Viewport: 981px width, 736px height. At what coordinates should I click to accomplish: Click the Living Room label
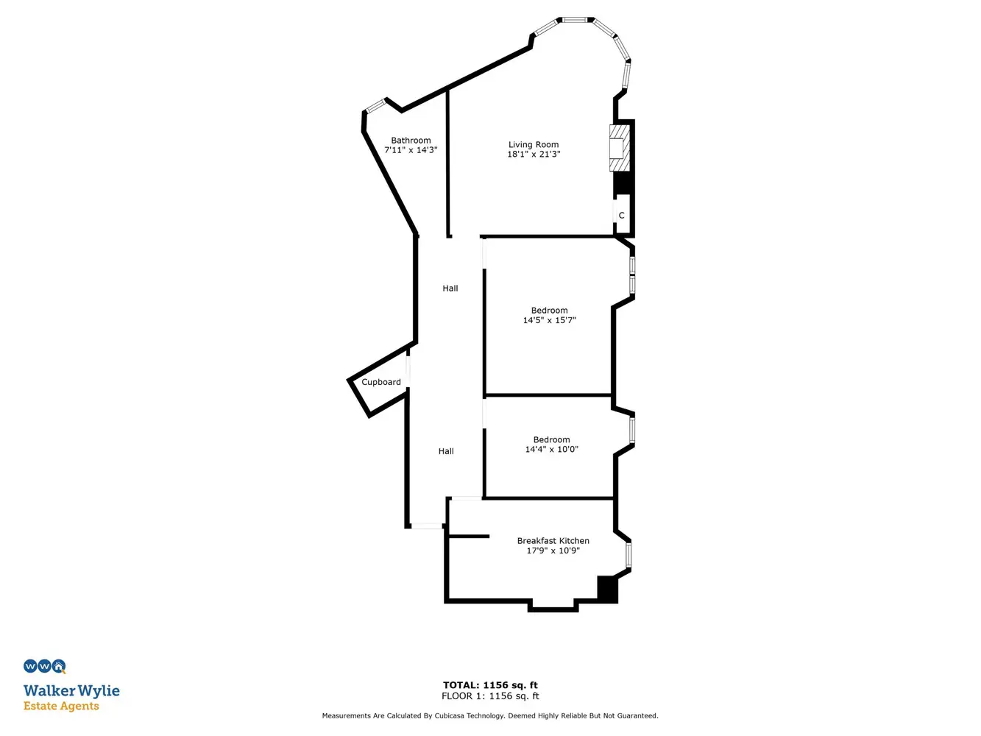click(x=533, y=144)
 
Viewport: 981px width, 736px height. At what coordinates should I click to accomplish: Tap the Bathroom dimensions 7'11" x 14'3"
click(x=411, y=150)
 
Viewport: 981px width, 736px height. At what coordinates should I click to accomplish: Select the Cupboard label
click(x=380, y=382)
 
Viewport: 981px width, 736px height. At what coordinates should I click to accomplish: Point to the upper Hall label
click(x=450, y=289)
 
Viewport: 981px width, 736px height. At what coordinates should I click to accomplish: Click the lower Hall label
click(x=446, y=451)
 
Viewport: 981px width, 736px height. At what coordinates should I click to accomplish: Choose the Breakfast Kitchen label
click(x=553, y=541)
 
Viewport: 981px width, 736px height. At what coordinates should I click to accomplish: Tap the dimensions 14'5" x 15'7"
click(x=550, y=320)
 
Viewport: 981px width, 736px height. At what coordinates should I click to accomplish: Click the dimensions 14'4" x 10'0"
click(x=551, y=449)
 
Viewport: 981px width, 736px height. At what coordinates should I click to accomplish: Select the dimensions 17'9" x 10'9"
click(x=553, y=551)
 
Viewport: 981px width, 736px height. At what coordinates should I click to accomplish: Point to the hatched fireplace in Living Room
click(x=620, y=148)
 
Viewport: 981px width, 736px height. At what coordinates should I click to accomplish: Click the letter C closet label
click(x=621, y=216)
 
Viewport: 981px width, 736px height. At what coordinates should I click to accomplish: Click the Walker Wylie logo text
click(x=71, y=691)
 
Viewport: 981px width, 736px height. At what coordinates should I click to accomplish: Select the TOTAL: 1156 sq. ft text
click(x=490, y=685)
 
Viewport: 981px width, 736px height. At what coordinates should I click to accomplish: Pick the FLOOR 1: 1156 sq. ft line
click(x=490, y=696)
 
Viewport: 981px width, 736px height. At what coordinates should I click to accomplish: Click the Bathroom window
click(x=375, y=106)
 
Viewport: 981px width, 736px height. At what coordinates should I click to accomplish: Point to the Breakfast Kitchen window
click(x=628, y=555)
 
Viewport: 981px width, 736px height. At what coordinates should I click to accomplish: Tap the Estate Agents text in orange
click(x=61, y=707)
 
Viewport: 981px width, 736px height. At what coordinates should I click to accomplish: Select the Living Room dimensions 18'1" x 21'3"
click(x=534, y=154)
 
